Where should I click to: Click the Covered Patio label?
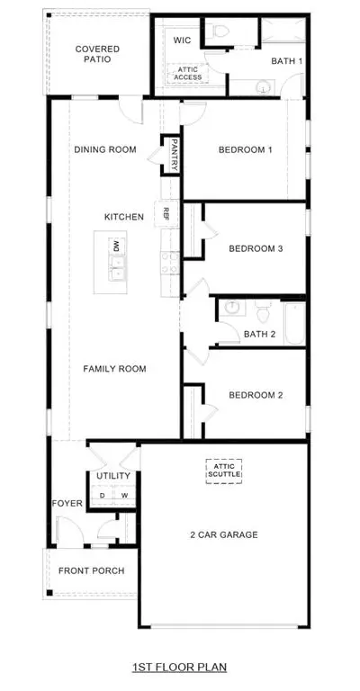point(97,54)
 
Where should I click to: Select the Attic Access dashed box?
point(187,73)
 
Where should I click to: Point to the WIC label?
point(182,40)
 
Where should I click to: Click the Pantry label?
point(174,154)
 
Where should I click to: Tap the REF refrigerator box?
point(166,214)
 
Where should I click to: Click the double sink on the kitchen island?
point(117,269)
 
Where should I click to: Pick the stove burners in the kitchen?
point(169,262)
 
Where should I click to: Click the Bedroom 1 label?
point(245,149)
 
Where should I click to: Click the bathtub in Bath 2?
point(295,323)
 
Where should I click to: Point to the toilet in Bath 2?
point(264,311)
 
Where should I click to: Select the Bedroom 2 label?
point(256,395)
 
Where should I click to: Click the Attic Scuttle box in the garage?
point(224,471)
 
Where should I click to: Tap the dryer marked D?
point(102,496)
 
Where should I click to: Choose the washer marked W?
point(125,496)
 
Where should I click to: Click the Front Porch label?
point(92,570)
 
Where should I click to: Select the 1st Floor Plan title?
point(180,667)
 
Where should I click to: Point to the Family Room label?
point(114,368)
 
